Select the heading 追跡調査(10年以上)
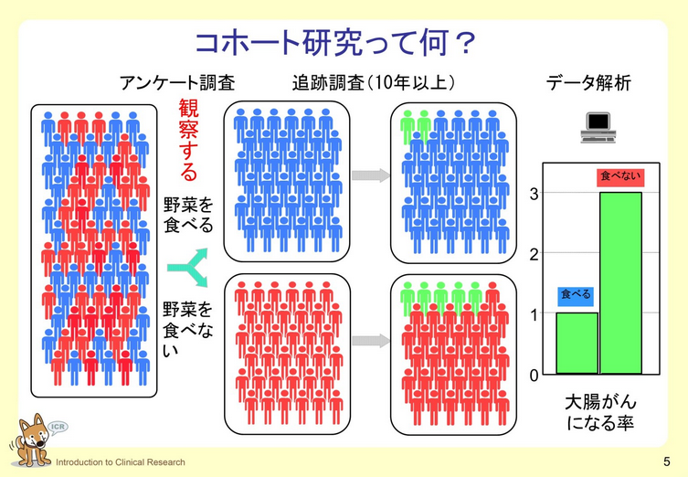(x=368, y=83)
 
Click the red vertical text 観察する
(x=187, y=141)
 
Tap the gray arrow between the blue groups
(x=371, y=175)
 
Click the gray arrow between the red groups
(x=371, y=341)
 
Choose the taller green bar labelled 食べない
(x=620, y=283)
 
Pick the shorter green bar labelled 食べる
(x=577, y=343)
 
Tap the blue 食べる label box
(x=577, y=294)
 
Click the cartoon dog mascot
(x=30, y=441)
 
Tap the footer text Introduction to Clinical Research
(x=120, y=462)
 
